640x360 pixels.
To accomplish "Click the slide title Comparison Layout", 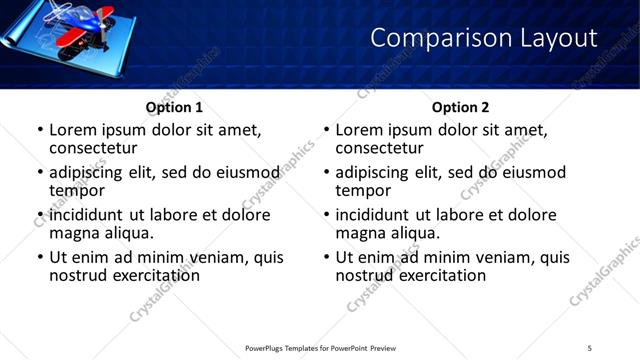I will pos(484,39).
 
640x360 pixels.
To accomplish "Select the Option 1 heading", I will pos(174,107).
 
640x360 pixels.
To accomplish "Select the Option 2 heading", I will pos(460,107).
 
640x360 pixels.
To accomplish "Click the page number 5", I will pos(590,347).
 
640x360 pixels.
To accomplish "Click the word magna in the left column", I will pos(73,233).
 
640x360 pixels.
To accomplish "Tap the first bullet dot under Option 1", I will pos(40,131).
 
